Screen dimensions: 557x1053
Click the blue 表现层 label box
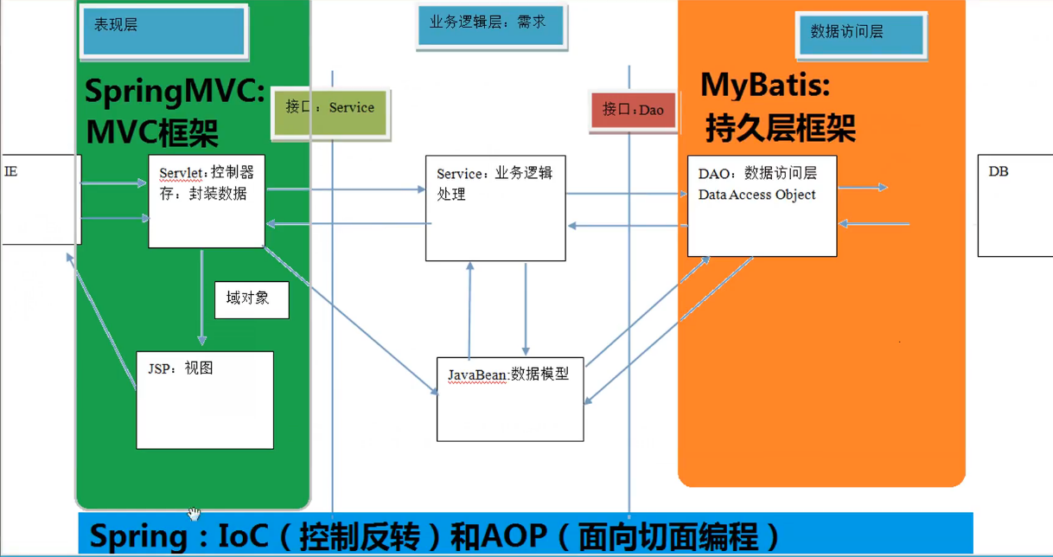pyautogui.click(x=163, y=31)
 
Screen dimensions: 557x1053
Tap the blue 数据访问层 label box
pyautogui.click(x=860, y=35)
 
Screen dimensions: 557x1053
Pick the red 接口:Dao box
pyautogui.click(x=633, y=110)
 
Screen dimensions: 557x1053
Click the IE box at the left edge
pyautogui.click(x=40, y=200)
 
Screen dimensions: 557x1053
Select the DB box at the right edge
pyautogui.click(x=1015, y=206)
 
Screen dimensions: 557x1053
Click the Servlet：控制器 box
pyautogui.click(x=207, y=202)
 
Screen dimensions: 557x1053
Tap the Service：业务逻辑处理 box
pyautogui.click(x=495, y=208)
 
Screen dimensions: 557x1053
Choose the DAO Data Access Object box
pyautogui.click(x=762, y=206)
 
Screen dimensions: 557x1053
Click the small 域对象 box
pyautogui.click(x=252, y=299)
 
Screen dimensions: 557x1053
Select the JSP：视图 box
pyautogui.click(x=205, y=400)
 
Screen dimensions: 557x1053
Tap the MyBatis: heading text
pyautogui.click(x=766, y=85)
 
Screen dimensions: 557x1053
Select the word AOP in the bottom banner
pyautogui.click(x=502, y=536)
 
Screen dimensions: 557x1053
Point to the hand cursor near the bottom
pyautogui.click(x=194, y=515)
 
